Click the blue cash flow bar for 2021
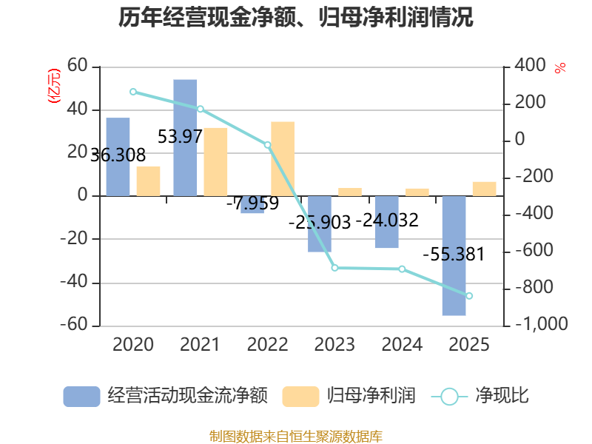185,138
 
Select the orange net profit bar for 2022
283,159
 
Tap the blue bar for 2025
454,255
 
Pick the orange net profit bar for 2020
149,181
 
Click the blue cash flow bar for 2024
387,222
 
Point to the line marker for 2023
335,268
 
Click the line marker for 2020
133,92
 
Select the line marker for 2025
469,295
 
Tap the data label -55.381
454,254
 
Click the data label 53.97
180,136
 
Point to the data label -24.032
387,220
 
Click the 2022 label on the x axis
268,344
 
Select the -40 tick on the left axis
73,282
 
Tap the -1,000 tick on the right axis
542,323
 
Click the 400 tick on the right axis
530,65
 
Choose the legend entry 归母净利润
349,396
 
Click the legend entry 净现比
480,396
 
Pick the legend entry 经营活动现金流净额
165,396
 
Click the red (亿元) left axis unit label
53,86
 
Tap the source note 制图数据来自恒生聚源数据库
296,437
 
